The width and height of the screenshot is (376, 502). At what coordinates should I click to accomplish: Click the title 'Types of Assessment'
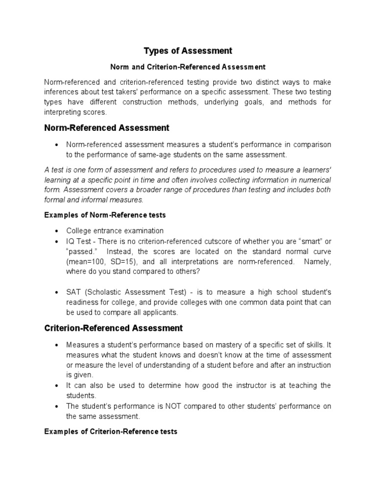tap(188, 51)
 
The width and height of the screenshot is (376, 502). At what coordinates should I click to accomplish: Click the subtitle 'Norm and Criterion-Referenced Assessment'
tap(188, 67)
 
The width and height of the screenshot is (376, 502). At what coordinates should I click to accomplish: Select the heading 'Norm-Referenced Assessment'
tap(107, 128)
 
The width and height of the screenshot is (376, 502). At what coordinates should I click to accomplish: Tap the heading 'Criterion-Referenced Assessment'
tap(113, 328)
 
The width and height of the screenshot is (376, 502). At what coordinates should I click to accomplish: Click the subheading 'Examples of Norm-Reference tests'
tap(105, 215)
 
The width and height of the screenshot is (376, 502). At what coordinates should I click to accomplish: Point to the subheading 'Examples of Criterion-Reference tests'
tap(111, 432)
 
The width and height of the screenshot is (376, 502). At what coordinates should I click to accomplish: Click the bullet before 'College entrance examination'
tap(57, 231)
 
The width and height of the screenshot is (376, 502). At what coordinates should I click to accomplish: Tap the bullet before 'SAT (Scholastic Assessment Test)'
tap(57, 293)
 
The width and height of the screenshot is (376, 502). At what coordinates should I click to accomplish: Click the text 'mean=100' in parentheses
tap(84, 262)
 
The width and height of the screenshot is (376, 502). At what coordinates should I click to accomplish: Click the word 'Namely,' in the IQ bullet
tap(317, 262)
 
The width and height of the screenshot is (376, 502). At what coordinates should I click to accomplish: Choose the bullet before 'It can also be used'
tap(57, 385)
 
